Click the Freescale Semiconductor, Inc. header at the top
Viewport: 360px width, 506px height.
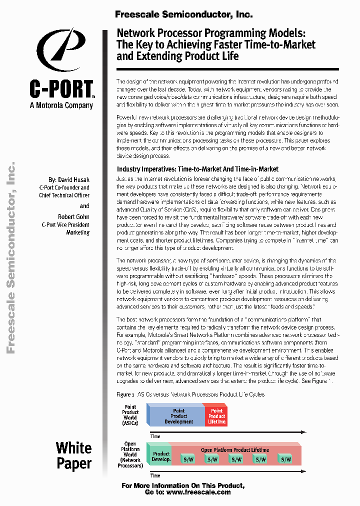click(183, 14)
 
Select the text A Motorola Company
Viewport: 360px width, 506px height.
click(61, 105)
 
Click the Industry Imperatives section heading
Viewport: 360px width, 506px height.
click(197, 169)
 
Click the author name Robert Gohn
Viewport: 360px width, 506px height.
click(73, 217)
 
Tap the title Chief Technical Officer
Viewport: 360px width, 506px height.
click(64, 195)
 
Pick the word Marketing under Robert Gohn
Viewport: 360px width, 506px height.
click(78, 232)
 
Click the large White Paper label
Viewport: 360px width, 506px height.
click(73, 455)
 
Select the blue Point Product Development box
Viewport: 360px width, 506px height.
click(178, 416)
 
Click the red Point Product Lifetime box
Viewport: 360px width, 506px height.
click(216, 416)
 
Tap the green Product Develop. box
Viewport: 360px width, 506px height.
click(161, 456)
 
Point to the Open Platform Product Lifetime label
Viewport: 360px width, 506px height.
click(235, 449)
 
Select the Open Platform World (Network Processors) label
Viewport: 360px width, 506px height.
click(130, 454)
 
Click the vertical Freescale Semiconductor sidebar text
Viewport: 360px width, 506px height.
click(11, 257)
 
